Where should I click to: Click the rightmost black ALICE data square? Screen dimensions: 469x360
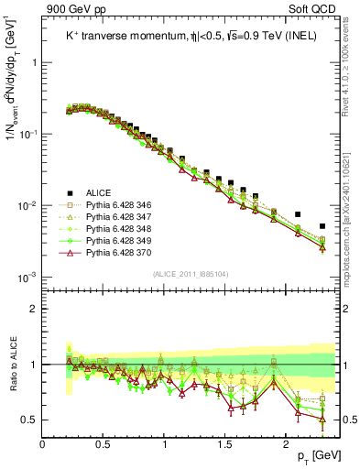[322, 226]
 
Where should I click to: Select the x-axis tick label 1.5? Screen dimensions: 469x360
[225, 444]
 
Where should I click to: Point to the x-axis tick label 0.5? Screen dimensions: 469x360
[104, 444]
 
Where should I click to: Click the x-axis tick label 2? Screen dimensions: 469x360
[286, 444]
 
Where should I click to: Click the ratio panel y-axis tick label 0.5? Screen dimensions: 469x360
[29, 420]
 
